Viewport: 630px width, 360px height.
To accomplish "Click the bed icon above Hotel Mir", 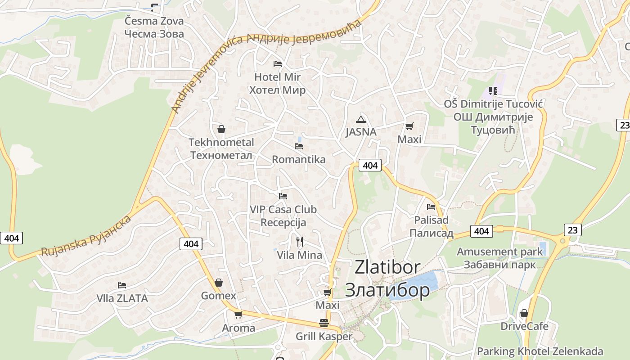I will (x=278, y=64).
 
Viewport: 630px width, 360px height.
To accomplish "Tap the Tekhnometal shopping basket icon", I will (x=221, y=129).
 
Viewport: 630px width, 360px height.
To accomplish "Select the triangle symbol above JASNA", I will (x=360, y=119).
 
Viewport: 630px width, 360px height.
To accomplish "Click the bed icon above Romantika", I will (x=298, y=146).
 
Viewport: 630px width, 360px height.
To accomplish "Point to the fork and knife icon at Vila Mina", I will (x=300, y=242).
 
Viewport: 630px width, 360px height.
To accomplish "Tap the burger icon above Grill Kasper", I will (x=324, y=323).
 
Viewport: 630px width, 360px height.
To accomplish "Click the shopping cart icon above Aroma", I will (x=238, y=315).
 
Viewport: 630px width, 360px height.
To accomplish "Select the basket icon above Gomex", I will (x=218, y=283).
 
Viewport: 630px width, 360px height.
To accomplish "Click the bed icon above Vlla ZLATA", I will (x=122, y=285).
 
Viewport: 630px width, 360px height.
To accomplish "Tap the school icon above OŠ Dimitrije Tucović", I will (x=493, y=91).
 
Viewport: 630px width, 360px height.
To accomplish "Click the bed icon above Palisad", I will (x=431, y=207).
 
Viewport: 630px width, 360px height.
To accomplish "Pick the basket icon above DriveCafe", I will (x=524, y=313).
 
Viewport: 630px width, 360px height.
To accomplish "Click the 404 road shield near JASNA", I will (x=370, y=165).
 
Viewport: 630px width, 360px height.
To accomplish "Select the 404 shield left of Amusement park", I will (x=481, y=231).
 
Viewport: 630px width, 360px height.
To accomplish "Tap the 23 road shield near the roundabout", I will (x=572, y=230).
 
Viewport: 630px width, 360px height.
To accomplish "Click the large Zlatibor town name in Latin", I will (x=387, y=267).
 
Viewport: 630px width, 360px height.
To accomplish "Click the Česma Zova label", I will (x=154, y=21).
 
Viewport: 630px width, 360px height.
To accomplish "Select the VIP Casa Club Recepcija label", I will (x=283, y=216).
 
